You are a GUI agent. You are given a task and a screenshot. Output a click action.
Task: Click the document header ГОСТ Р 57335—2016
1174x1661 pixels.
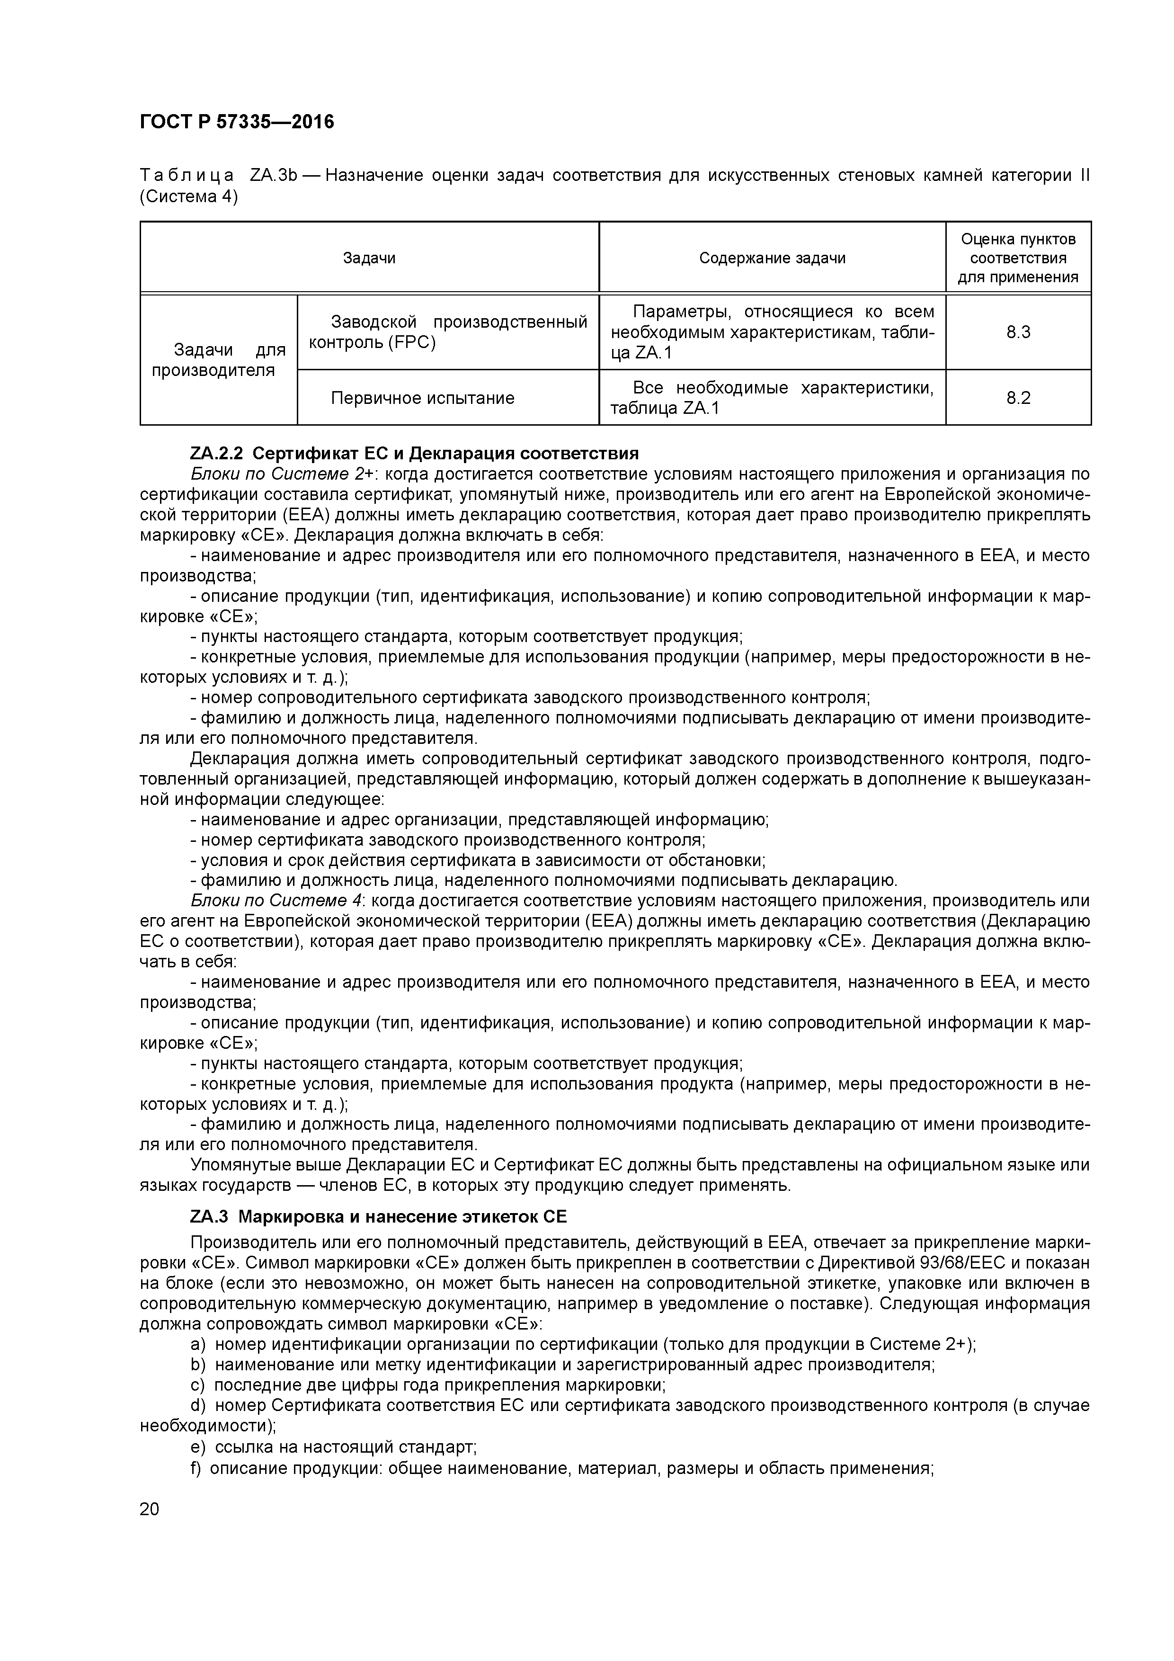(237, 122)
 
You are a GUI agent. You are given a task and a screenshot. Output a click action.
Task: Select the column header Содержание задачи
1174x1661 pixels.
(772, 258)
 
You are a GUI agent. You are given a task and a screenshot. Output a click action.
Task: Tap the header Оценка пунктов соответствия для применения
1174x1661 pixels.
(1018, 258)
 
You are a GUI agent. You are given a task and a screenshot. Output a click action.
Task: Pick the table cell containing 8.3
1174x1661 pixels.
(1018, 332)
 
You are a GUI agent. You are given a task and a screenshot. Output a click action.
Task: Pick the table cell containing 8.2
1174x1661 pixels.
(1018, 397)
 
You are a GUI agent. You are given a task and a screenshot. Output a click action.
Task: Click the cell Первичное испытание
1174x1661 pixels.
(422, 397)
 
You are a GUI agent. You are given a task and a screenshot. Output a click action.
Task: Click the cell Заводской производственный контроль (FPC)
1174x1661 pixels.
(448, 331)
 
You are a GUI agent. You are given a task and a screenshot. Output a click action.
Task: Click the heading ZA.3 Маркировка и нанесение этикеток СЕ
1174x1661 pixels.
(378, 1216)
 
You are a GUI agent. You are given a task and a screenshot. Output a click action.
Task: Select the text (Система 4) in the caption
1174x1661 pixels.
(188, 196)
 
